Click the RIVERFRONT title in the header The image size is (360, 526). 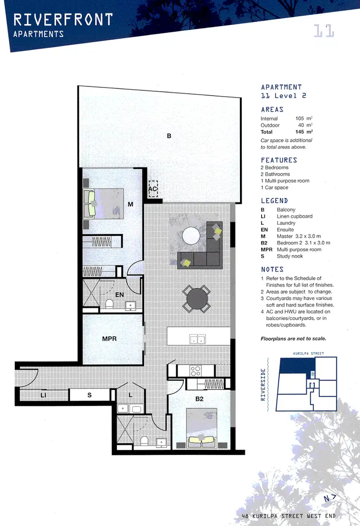pyautogui.click(x=63, y=19)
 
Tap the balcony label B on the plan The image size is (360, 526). pyautogui.click(x=169, y=136)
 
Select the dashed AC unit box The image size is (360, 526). pyautogui.click(x=153, y=189)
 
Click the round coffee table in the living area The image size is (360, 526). pyautogui.click(x=192, y=235)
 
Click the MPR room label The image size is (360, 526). pyautogui.click(x=109, y=339)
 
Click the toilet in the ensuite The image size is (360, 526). pyautogui.click(x=109, y=304)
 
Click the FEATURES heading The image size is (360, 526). pyautogui.click(x=279, y=160)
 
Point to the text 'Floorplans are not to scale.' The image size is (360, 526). pyautogui.click(x=293, y=339)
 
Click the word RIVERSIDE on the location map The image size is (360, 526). pyautogui.click(x=263, y=384)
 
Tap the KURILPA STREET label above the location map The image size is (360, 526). pyautogui.click(x=308, y=354)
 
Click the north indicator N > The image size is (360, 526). pyautogui.click(x=328, y=499)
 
